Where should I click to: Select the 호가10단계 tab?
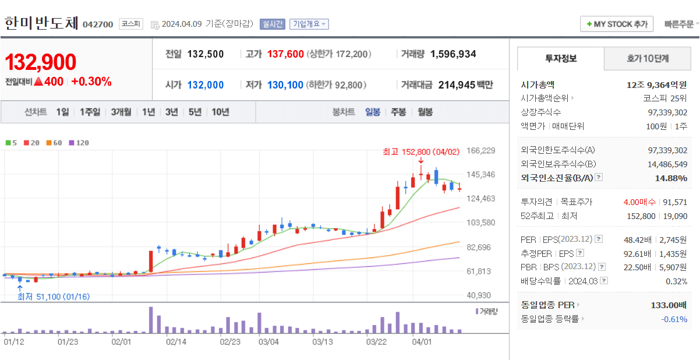[x=648, y=58]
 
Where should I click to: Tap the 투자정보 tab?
[x=561, y=58]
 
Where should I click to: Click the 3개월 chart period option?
[x=121, y=112]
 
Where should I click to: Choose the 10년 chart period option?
[x=220, y=112]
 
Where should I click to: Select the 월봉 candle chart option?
[x=425, y=112]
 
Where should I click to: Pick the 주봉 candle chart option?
[x=398, y=112]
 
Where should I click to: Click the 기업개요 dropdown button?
[x=309, y=24]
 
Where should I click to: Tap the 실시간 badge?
[x=273, y=24]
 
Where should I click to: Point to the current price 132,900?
[x=41, y=62]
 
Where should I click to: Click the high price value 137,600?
[x=285, y=54]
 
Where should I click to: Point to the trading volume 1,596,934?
[x=453, y=54]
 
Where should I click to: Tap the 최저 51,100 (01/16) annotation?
[x=54, y=297]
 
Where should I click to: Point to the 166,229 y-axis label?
[x=481, y=150]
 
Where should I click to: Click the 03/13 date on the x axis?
[x=322, y=342]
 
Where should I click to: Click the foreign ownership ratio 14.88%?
[x=671, y=178]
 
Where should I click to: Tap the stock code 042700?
[x=98, y=24]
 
